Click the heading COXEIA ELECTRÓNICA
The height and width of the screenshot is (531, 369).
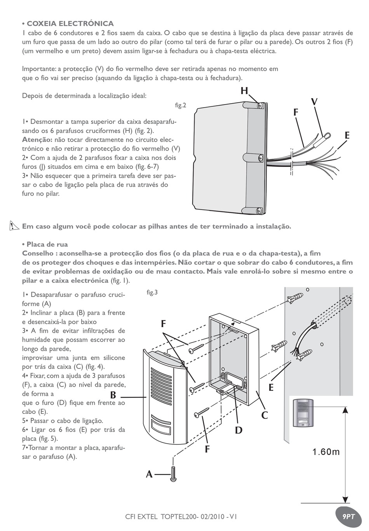(68, 24)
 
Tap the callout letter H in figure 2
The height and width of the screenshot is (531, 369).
(244, 91)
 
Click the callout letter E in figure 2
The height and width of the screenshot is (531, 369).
(347, 135)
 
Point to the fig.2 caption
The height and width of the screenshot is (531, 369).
(181, 105)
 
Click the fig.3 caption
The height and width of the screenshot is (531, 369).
(152, 292)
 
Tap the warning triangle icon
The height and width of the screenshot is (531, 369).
(15, 226)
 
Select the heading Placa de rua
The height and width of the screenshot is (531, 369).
(45, 244)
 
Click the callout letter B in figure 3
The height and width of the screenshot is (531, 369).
(113, 395)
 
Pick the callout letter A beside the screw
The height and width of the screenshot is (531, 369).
(149, 474)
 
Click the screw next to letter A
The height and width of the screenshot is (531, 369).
(173, 474)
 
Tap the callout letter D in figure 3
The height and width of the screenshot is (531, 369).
(238, 430)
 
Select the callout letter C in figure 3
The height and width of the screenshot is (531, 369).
(265, 415)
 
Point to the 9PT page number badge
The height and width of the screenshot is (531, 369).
(348, 517)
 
